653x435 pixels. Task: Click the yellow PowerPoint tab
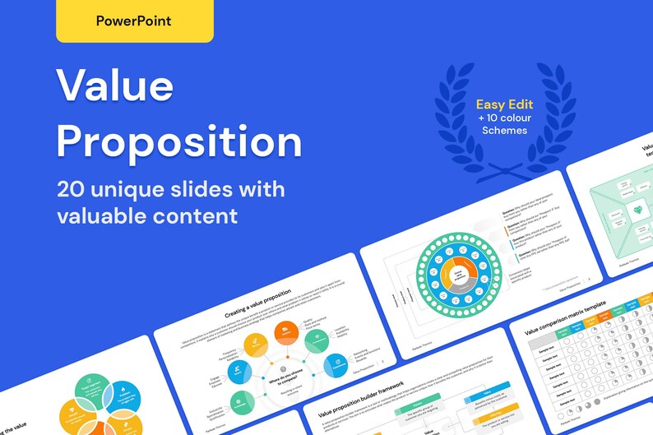click(x=134, y=21)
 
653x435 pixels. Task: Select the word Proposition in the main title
click(x=179, y=141)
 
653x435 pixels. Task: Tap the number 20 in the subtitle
click(x=72, y=190)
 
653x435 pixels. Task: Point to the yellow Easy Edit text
click(x=504, y=105)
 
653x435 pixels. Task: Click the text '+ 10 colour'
click(x=504, y=118)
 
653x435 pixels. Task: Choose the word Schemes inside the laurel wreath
click(x=504, y=131)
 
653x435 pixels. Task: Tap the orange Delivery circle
click(x=288, y=332)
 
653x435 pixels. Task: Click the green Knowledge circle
click(x=241, y=402)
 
